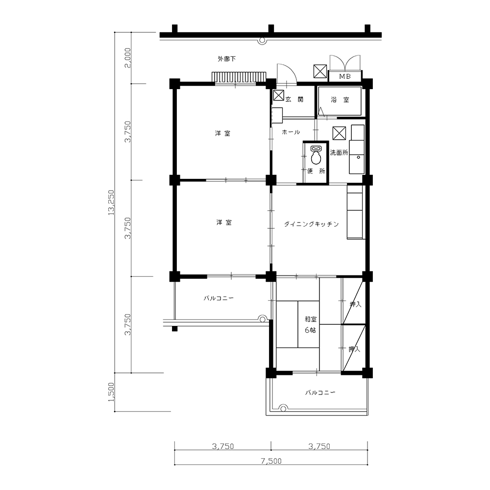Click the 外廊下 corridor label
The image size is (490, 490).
tap(227, 59)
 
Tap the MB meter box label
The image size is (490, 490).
tap(345, 76)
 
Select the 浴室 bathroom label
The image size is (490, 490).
tap(340, 99)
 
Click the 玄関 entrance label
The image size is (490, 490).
tap(294, 99)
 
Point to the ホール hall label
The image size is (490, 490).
tap(291, 132)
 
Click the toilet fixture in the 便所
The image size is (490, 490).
tap(316, 155)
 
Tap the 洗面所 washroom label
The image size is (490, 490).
tap(339, 153)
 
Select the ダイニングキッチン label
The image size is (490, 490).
tap(312, 224)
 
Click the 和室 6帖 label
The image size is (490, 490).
tap(311, 324)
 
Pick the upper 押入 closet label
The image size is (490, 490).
tap(355, 304)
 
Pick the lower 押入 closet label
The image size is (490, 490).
tap(354, 349)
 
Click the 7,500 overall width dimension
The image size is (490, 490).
tap(271, 461)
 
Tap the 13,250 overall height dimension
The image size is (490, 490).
tap(111, 202)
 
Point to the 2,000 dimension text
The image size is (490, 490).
tap(127, 58)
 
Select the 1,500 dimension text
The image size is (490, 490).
tap(111, 392)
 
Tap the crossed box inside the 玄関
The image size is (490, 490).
tap(278, 95)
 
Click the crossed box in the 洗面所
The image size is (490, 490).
tap(340, 133)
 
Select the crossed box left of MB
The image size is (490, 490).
tap(320, 71)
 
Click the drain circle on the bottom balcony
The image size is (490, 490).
tap(283, 408)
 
